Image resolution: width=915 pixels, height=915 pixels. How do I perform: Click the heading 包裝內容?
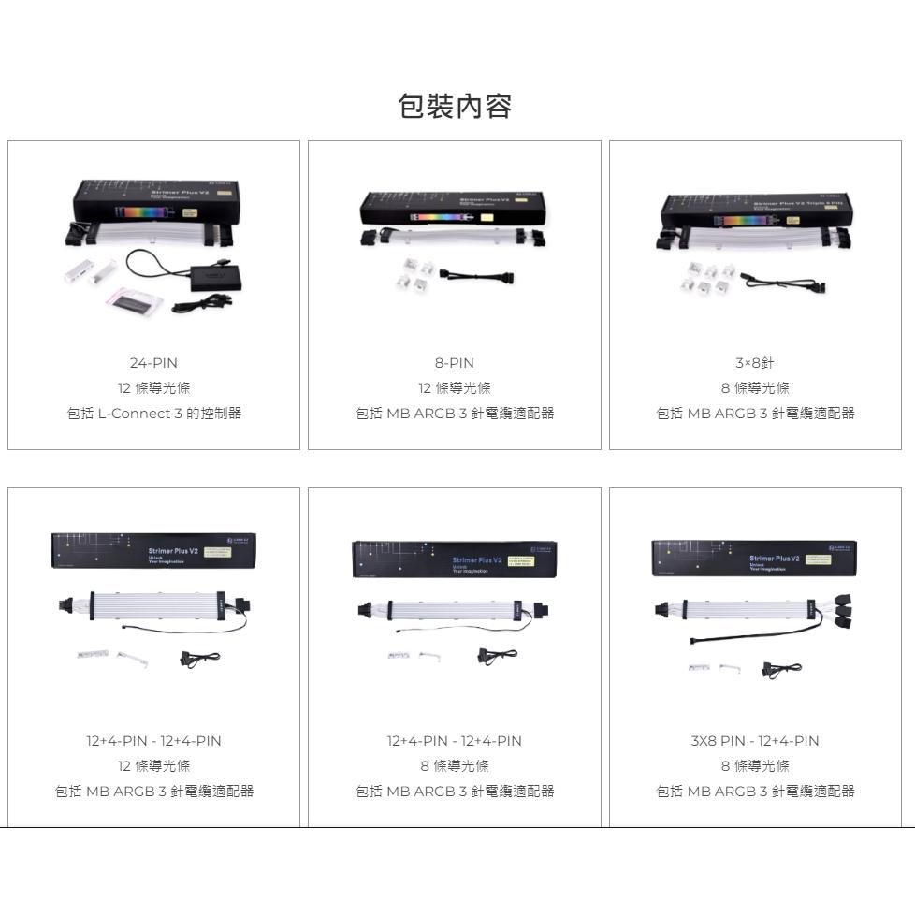point(456,107)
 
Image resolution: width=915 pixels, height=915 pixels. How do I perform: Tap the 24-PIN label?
point(153,363)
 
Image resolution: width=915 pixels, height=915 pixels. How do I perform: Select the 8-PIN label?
point(455,363)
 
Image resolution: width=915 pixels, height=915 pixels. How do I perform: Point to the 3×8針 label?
point(755,363)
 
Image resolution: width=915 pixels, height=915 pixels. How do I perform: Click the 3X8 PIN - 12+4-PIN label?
point(755,741)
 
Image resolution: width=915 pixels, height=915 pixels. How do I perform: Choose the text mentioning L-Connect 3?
point(153,413)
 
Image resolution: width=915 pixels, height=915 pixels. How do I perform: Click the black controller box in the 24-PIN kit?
point(214,277)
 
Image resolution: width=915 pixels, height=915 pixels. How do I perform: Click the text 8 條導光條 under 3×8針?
point(755,388)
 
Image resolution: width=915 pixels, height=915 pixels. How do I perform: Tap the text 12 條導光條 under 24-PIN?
point(153,388)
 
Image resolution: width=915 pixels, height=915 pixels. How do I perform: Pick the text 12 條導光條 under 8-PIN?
point(455,388)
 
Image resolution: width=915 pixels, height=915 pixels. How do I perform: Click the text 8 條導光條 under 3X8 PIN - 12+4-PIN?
point(755,766)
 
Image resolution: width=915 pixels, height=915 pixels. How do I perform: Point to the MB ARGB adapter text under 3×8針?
point(755,413)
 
